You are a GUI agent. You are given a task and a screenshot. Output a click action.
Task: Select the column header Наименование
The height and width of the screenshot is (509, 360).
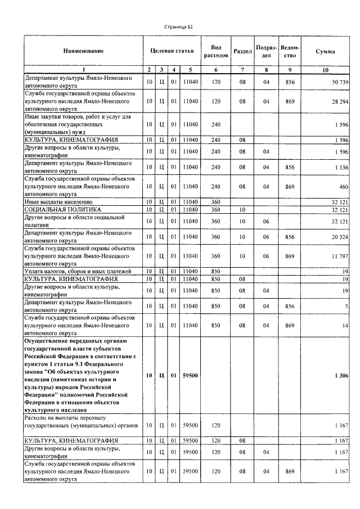click(83, 51)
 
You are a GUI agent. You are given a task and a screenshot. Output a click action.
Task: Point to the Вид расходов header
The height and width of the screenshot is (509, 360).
click(216, 51)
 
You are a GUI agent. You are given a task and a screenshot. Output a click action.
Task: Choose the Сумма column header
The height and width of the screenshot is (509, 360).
click(326, 51)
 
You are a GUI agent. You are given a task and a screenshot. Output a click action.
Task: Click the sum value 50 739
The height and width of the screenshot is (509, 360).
click(337, 82)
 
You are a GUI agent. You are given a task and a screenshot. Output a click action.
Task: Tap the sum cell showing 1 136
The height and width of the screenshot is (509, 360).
click(339, 166)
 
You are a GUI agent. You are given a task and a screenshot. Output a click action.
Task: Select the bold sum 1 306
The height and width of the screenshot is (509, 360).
click(339, 375)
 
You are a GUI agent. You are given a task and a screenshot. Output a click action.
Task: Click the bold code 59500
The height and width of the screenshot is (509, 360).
click(191, 375)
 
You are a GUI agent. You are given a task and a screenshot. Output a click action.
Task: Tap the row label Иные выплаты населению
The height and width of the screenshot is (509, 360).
click(58, 201)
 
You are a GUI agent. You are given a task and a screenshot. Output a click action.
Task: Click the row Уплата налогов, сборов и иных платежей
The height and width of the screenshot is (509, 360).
click(77, 271)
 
